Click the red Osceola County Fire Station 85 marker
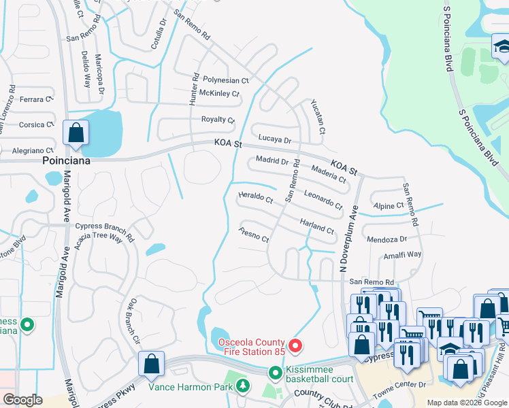(x=295, y=346)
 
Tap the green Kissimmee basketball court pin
(x=275, y=373)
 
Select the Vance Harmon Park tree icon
(x=243, y=386)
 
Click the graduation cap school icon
(x=500, y=46)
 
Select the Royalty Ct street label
(x=218, y=120)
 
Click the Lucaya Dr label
(x=275, y=140)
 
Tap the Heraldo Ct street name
(x=255, y=199)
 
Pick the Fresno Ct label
(x=255, y=235)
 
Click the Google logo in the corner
(x=22, y=400)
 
